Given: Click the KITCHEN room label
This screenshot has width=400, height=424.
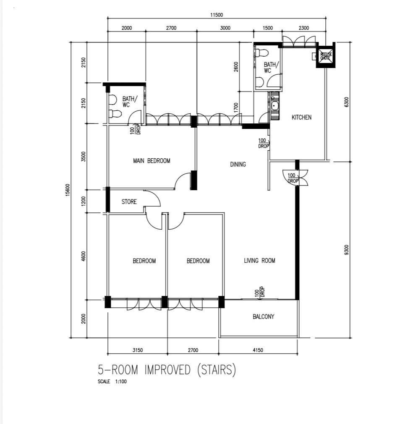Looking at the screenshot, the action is (301, 118).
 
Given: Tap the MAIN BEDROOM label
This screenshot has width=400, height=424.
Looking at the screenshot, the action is (152, 161).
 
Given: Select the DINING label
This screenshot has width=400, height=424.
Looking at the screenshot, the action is (238, 164).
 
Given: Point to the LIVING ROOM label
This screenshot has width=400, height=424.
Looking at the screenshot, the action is (259, 260).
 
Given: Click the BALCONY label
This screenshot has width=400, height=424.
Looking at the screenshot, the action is (263, 317).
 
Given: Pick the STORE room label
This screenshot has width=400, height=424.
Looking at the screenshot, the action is (129, 202).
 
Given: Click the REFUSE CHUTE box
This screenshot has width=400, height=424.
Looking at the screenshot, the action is (325, 56).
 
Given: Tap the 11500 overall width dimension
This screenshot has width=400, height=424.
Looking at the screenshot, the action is (217, 15).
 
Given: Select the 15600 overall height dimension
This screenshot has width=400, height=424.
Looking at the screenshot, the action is (68, 190).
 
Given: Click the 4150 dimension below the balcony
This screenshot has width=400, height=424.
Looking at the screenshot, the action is (258, 350).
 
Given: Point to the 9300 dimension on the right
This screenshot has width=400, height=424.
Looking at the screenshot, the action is (347, 250).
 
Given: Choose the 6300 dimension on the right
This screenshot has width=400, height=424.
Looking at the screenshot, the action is (347, 102).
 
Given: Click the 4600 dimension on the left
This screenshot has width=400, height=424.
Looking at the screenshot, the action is (84, 256).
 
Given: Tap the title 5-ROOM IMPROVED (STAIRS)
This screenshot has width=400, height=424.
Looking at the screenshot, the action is (167, 370).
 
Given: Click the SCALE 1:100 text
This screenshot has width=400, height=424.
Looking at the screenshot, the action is (112, 382).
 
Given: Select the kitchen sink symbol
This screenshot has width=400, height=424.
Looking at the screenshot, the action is (275, 106).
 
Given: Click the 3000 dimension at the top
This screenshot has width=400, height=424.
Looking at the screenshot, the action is (225, 28).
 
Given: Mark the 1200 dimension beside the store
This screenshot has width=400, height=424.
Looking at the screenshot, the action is (84, 201).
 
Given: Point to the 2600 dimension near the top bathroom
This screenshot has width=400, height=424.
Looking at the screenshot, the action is (236, 67).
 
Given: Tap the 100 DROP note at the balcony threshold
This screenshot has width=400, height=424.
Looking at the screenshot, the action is (259, 292).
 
